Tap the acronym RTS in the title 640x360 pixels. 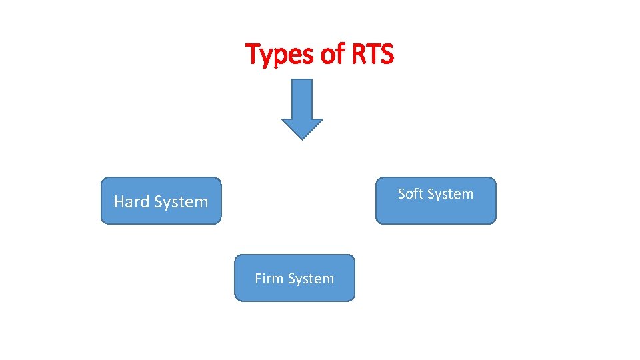click(x=371, y=55)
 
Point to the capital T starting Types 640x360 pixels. click(x=254, y=53)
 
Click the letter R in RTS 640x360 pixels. click(x=356, y=54)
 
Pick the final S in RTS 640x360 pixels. click(x=387, y=54)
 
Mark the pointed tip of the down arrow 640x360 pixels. click(x=302, y=138)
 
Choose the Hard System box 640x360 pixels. click(x=161, y=200)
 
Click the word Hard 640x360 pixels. click(x=132, y=201)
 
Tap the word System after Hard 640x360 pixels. click(x=181, y=202)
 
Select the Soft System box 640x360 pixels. click(x=436, y=200)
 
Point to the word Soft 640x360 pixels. click(x=410, y=194)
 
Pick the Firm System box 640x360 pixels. click(x=295, y=278)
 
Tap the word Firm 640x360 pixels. click(x=269, y=279)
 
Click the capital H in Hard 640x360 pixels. click(x=119, y=201)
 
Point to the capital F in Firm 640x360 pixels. click(x=258, y=279)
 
